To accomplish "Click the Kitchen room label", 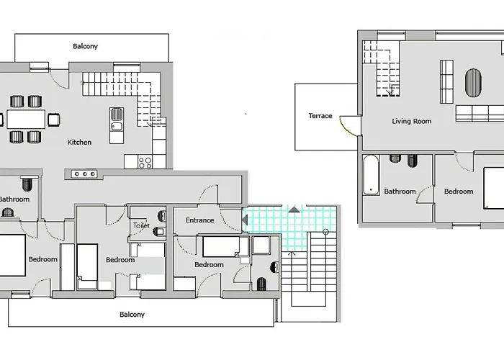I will click(x=79, y=142).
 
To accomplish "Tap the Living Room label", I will click(x=412, y=121).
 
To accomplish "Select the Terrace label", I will click(x=320, y=115).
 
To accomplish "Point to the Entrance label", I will click(x=199, y=220).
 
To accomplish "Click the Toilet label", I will click(x=140, y=225).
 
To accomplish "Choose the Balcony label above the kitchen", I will click(x=85, y=46).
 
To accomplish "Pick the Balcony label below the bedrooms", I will click(x=132, y=314).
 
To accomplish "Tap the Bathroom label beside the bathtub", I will click(x=400, y=192).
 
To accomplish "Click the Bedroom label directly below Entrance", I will click(x=209, y=264).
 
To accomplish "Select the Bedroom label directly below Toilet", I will click(x=120, y=260).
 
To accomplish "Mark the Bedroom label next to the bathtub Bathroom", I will click(x=459, y=192).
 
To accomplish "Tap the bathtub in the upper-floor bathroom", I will click(x=370, y=175).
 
